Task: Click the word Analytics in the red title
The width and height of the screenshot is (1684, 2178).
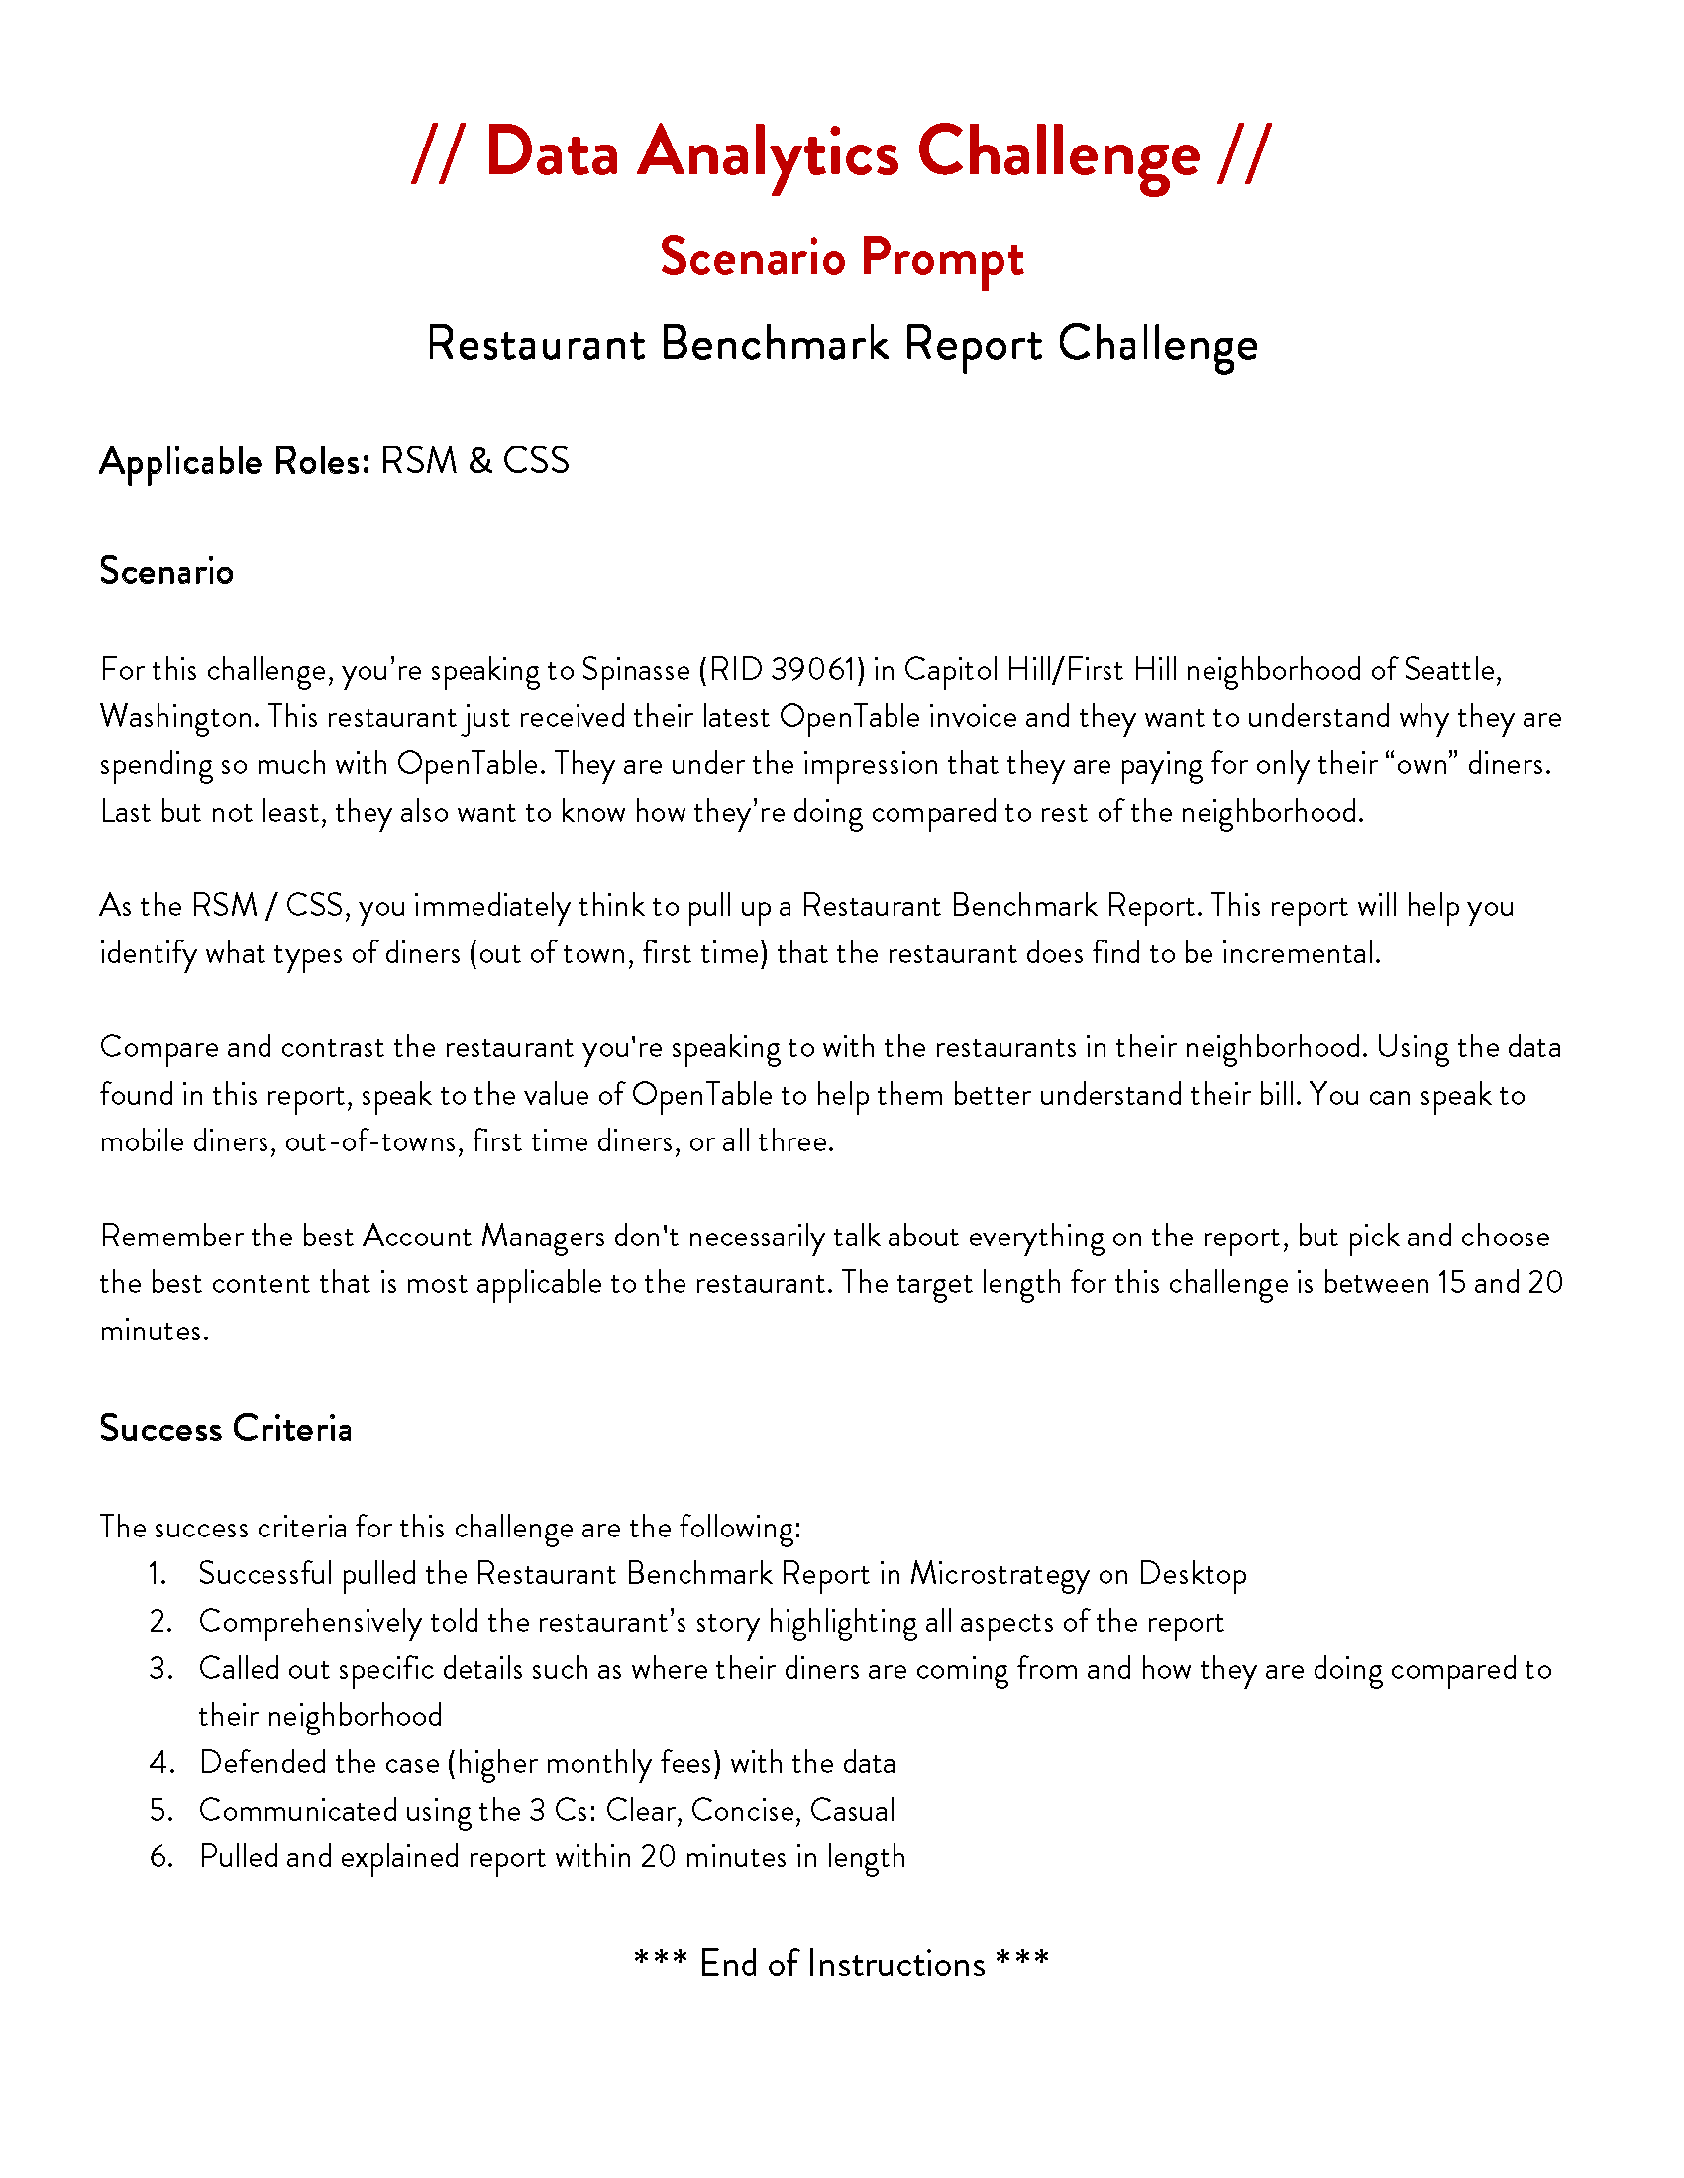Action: coord(767,154)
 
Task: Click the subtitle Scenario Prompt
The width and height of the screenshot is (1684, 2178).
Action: coord(841,258)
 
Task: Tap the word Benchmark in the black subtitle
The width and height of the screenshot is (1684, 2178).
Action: coord(775,345)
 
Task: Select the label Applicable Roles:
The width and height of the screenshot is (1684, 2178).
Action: coord(236,461)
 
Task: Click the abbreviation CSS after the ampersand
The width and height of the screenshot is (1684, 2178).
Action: coord(536,460)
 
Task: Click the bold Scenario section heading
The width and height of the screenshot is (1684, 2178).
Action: coord(166,571)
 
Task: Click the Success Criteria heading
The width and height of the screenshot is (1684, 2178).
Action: coord(226,1428)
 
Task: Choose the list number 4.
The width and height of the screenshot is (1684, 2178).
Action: coord(161,1763)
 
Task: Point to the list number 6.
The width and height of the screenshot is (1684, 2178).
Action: coord(161,1857)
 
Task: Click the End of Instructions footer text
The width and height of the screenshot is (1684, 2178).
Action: coord(841,1963)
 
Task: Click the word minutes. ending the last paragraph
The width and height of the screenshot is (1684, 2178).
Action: coord(155,1331)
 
